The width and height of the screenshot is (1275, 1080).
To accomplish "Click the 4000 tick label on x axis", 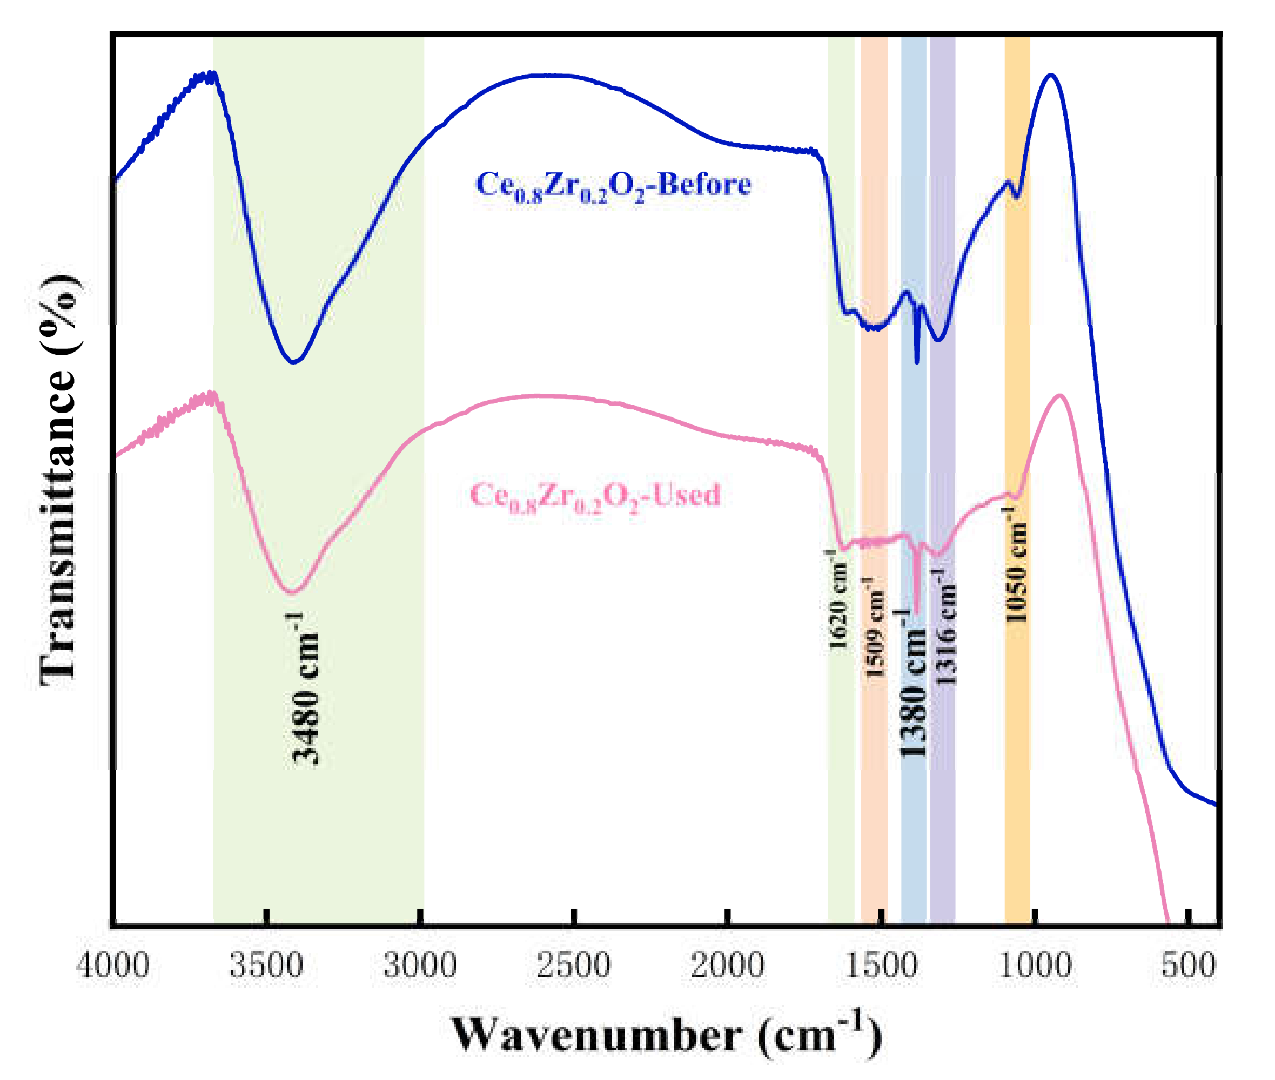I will point(113,966).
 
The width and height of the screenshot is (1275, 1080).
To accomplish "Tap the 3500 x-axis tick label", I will point(266,966).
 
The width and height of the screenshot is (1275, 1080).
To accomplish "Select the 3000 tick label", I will point(420,966).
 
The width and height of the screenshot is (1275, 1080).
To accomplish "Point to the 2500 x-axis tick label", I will point(574,966).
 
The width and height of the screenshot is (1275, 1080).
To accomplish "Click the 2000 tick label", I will point(728,966).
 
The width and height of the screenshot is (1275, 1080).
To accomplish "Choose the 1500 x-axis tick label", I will point(881,966).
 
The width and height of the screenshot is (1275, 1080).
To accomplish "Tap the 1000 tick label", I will point(1035,966).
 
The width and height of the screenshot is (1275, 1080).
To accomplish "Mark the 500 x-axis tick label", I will point(1188,966).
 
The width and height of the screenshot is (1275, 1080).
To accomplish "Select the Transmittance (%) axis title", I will point(59,481).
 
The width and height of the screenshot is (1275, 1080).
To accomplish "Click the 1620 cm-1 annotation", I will point(837,600).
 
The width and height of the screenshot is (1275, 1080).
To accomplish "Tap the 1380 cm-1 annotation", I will point(912,683).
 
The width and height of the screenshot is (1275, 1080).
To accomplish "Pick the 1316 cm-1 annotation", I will point(944,627).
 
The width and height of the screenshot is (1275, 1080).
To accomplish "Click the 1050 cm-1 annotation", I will point(1017,564).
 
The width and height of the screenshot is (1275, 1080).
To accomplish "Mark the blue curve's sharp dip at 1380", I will point(917,361).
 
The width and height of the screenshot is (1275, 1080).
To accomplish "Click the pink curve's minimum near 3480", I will point(293,592).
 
